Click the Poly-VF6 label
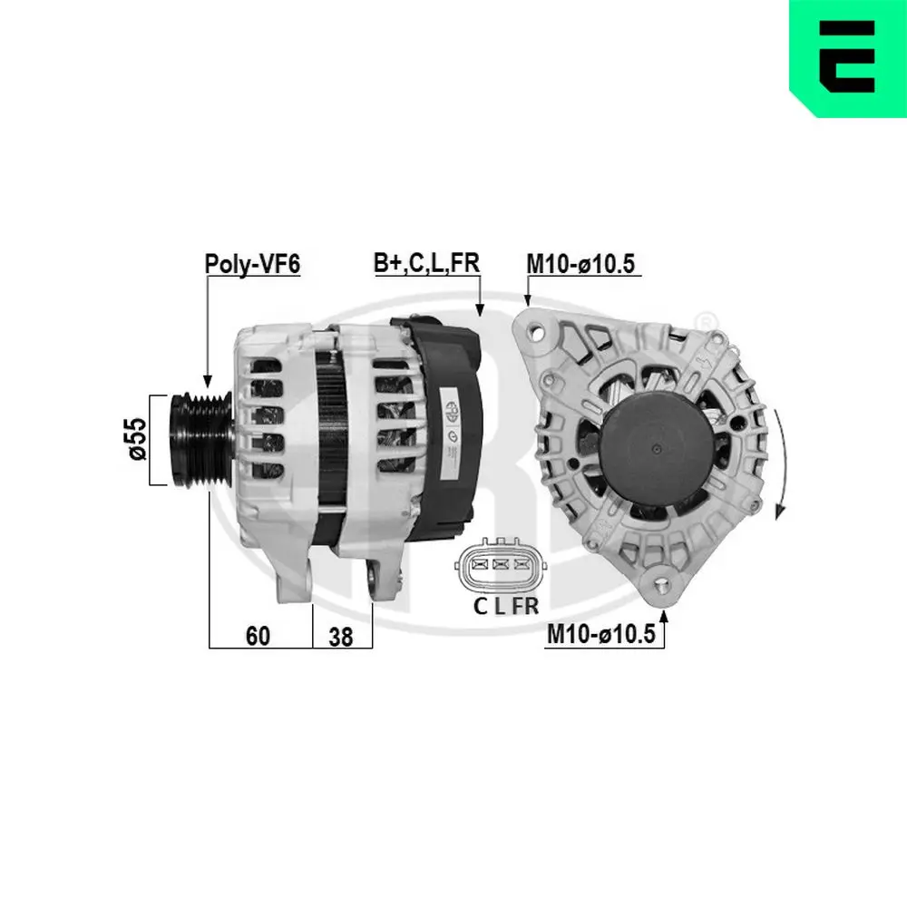[251, 264]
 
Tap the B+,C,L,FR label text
[426, 263]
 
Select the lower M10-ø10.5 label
[600, 636]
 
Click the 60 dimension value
[258, 637]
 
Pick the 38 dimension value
[341, 637]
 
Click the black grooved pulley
[201, 440]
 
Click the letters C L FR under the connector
[506, 607]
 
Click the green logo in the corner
[847, 58]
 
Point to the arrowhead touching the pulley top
[208, 385]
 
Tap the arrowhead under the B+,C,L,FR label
[481, 310]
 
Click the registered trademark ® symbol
[704, 320]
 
